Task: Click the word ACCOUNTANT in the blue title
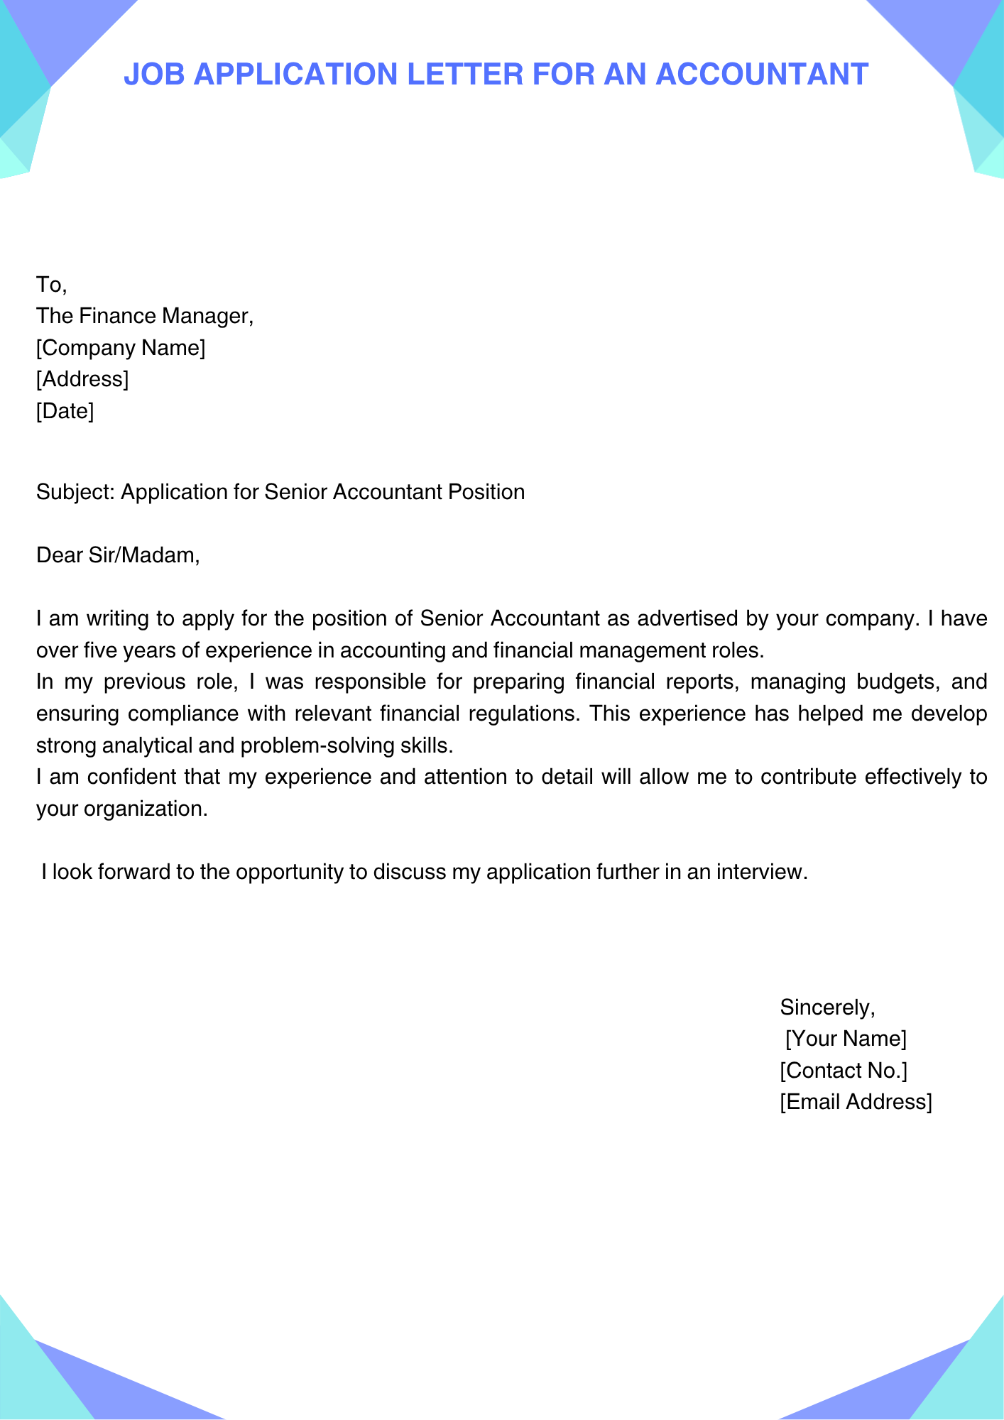pyautogui.click(x=761, y=74)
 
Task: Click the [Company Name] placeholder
pyautogui.click(x=121, y=348)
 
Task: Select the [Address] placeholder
pyautogui.click(x=82, y=379)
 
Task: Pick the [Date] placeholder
pyautogui.click(x=65, y=410)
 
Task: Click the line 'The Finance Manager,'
pyautogui.click(x=145, y=316)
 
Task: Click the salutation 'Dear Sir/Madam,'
pyautogui.click(x=118, y=555)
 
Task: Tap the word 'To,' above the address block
pyautogui.click(x=51, y=285)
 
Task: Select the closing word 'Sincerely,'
pyautogui.click(x=827, y=1007)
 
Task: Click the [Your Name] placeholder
pyautogui.click(x=846, y=1039)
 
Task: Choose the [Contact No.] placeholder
pyautogui.click(x=844, y=1070)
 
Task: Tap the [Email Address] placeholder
pyautogui.click(x=856, y=1102)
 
